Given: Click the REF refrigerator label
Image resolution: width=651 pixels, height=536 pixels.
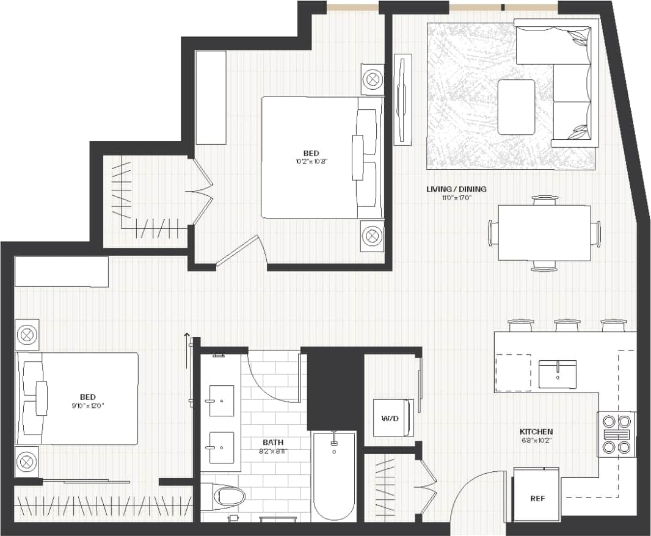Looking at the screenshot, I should pyautogui.click(x=537, y=499).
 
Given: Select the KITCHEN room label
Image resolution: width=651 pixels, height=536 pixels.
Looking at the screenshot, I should pyautogui.click(x=537, y=432).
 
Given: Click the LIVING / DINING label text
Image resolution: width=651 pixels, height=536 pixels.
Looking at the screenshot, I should pyautogui.click(x=456, y=189).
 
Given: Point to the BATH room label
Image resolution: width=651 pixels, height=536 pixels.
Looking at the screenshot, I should pyautogui.click(x=273, y=442).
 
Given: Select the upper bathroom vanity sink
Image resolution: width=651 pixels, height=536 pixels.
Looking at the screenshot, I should pyautogui.click(x=221, y=401).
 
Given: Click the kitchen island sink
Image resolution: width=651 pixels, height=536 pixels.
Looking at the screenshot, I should pyautogui.click(x=557, y=374).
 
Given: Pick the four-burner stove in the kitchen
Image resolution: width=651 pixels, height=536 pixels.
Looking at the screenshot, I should pyautogui.click(x=616, y=434).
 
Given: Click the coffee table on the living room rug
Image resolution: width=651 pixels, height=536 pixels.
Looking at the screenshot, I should pyautogui.click(x=516, y=107).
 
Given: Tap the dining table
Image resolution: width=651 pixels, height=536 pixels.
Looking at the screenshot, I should pyautogui.click(x=544, y=233).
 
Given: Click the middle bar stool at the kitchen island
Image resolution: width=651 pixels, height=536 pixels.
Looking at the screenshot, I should pyautogui.click(x=566, y=325).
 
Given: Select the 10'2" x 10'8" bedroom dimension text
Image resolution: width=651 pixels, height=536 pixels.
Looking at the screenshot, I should pyautogui.click(x=312, y=162).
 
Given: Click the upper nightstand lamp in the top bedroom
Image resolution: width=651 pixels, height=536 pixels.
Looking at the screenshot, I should pyautogui.click(x=372, y=79).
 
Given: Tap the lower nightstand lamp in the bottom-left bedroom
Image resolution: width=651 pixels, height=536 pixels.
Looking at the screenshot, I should pyautogui.click(x=27, y=462).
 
